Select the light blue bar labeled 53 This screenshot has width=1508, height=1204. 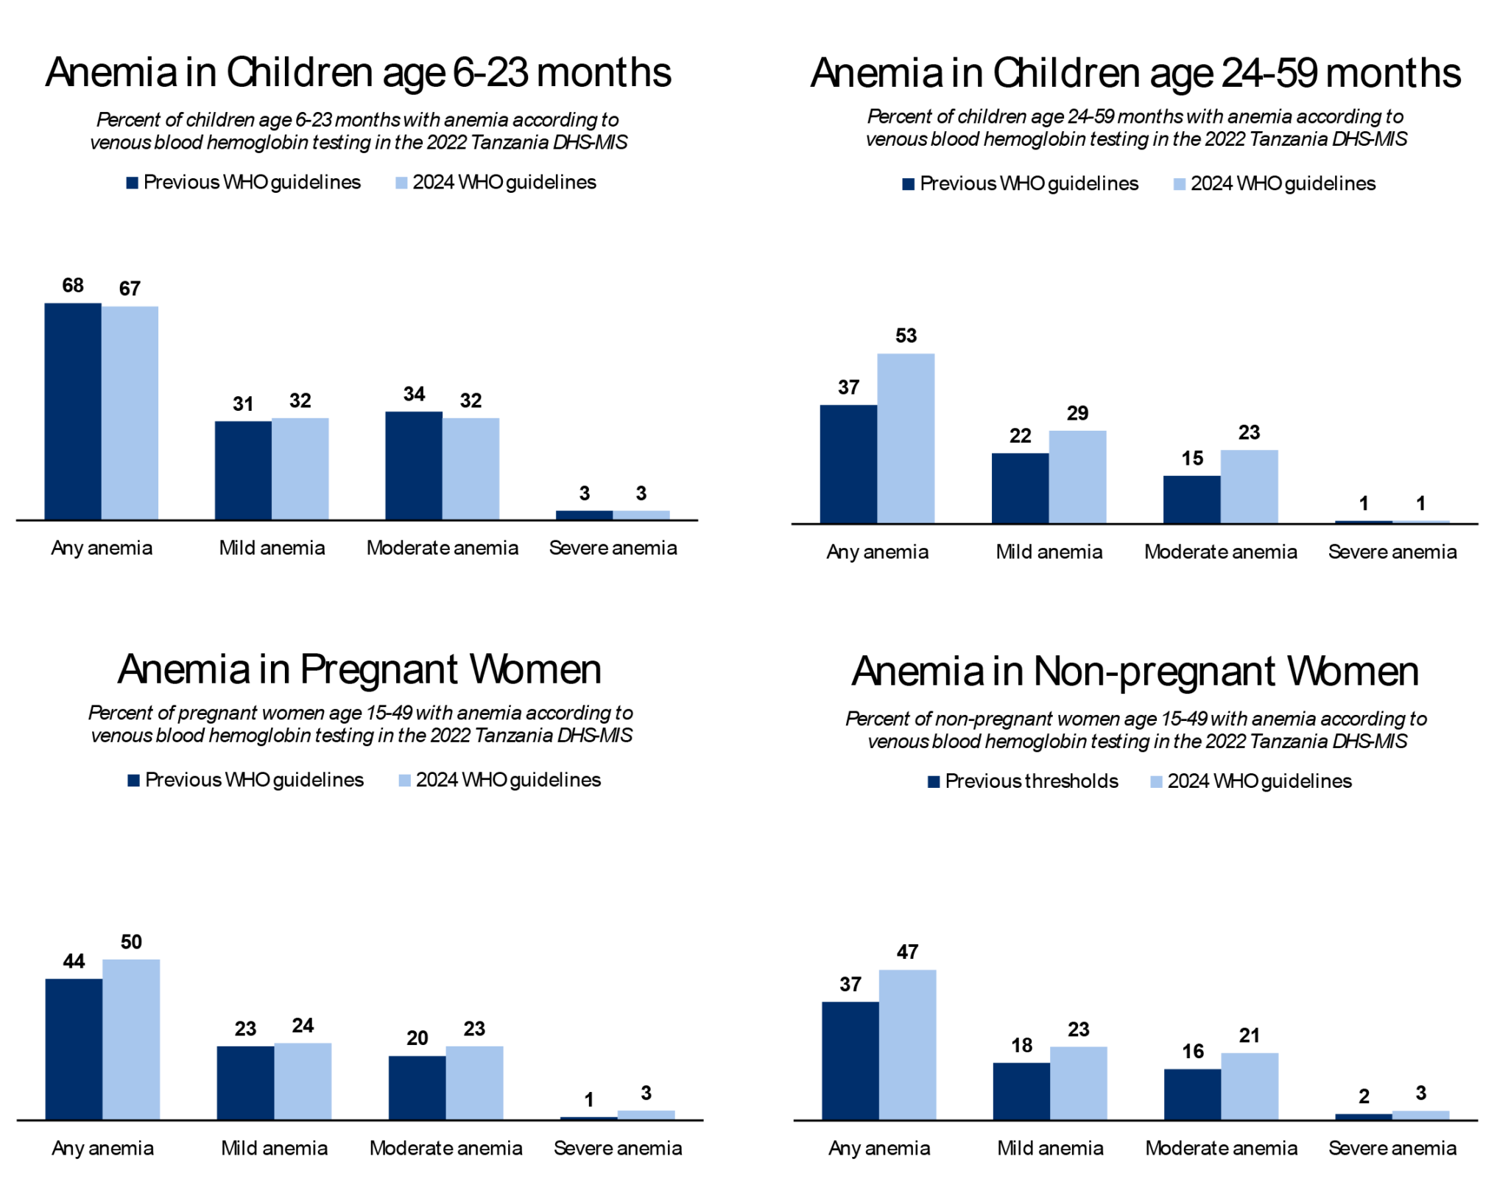[906, 438]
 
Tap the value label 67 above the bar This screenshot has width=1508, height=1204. [130, 289]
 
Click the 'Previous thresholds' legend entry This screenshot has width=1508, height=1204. [1023, 781]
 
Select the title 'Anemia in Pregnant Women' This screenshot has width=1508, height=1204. [359, 669]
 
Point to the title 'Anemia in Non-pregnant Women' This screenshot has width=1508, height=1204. [1135, 672]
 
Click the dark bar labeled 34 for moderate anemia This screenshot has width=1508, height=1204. [414, 465]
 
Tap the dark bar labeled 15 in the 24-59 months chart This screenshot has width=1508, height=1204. [1191, 499]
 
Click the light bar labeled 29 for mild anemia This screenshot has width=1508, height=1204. [1077, 476]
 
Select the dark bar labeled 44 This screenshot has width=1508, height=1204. [74, 1049]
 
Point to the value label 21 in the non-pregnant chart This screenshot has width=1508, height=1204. [1250, 1035]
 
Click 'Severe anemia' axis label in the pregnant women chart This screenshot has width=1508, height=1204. [618, 1148]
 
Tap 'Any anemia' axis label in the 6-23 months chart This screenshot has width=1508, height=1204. [102, 548]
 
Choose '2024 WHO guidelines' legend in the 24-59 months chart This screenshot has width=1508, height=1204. [1275, 183]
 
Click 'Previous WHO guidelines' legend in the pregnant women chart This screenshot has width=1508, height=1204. [246, 780]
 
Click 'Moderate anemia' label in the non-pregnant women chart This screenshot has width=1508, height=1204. [1221, 1148]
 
